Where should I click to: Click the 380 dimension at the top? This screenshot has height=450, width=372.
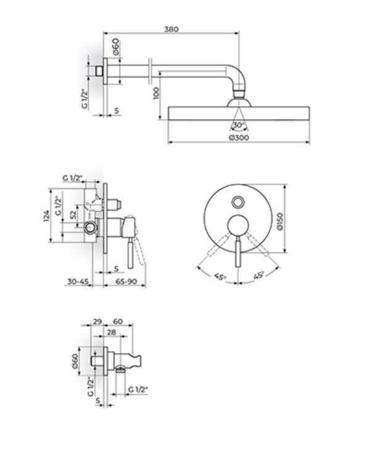coord(172,29)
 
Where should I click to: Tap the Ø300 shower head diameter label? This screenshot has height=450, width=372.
coord(239,137)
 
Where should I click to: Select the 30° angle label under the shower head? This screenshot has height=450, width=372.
coord(238,125)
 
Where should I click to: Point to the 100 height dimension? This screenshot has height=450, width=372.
coord(156,94)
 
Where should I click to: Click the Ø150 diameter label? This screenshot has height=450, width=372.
coord(280,221)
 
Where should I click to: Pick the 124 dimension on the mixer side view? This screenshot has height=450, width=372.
coord(46,216)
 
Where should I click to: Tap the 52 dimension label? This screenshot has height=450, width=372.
coord(74,215)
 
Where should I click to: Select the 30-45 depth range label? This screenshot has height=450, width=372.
coord(78,282)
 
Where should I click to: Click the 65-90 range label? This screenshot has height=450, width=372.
coord(126,282)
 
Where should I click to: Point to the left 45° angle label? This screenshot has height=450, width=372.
coord(221,277)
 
